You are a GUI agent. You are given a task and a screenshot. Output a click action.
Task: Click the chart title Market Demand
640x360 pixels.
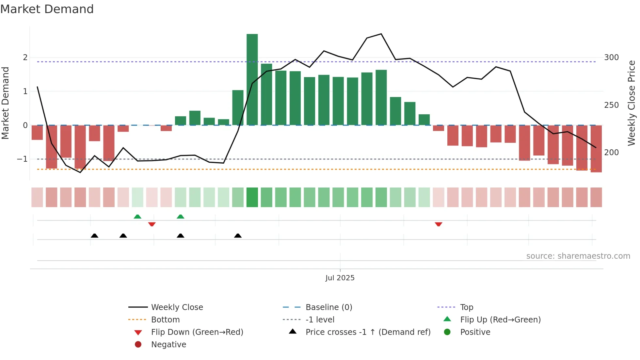coord(47,9)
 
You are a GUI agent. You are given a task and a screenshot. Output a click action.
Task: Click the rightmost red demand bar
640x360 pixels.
coord(596,149)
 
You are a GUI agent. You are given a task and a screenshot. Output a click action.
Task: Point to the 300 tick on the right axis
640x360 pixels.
coord(611,57)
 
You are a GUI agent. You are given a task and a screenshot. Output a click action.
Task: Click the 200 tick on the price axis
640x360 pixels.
coord(611,153)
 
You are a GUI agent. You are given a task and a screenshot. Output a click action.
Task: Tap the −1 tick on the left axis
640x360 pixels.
coord(22,159)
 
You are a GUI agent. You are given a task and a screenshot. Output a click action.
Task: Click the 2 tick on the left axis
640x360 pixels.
coord(25,57)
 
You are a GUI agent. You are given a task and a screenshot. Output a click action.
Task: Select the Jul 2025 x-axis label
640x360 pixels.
coord(340,278)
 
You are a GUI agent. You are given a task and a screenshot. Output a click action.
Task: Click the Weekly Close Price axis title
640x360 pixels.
coord(632,103)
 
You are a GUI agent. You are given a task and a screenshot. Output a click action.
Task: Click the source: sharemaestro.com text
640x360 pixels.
coord(578,256)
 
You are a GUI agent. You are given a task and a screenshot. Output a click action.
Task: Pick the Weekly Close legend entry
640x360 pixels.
coord(177,307)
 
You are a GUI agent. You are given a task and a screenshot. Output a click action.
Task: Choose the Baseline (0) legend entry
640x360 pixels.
coord(328,307)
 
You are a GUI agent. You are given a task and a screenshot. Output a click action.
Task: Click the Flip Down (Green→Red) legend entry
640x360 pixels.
coord(197,332)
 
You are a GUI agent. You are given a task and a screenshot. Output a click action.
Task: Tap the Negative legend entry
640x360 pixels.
coord(168,345)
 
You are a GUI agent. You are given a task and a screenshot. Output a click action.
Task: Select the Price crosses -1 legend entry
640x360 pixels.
coord(368,332)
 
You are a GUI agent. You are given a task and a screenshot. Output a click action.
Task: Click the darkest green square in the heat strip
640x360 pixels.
coord(252,197)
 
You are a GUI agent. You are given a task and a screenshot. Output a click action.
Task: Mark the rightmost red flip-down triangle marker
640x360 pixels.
coord(439,224)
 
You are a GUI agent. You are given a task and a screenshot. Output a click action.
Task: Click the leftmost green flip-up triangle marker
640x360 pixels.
coord(137,217)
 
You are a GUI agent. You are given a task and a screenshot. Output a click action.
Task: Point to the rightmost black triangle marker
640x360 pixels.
coord(238,236)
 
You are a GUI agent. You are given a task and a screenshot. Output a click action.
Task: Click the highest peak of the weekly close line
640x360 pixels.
coord(381,34)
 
